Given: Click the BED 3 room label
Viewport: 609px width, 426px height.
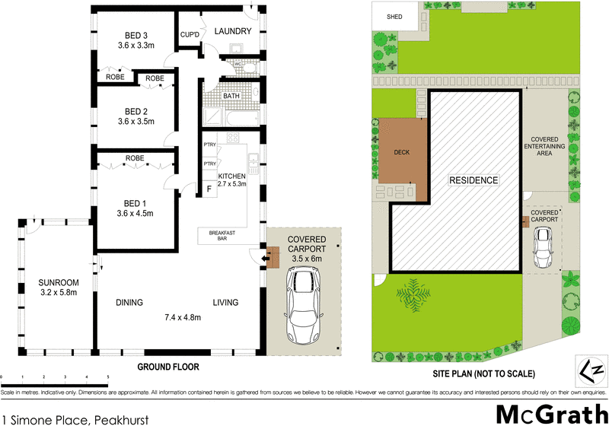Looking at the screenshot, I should tap(137, 35).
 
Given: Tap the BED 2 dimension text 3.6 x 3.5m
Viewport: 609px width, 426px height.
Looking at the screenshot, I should tap(137, 121).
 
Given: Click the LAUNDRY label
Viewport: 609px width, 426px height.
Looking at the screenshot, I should tap(232, 31).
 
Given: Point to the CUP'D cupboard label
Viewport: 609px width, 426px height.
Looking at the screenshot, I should tap(190, 34).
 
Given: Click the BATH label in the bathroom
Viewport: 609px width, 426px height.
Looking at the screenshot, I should tap(231, 97).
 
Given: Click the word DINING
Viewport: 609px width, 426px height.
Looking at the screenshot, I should tap(129, 303).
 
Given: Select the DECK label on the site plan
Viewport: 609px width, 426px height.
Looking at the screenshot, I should tap(401, 152).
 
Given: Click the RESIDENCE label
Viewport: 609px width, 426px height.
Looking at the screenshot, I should tap(473, 181).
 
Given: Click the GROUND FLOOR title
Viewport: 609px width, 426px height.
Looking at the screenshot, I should tap(167, 367).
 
